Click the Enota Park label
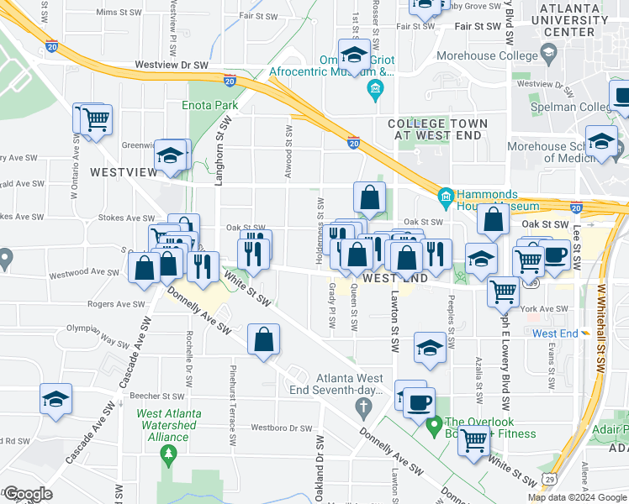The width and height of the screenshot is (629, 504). [210, 106]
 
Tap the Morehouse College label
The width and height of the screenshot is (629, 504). [487, 56]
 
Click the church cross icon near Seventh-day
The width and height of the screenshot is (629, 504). [363, 409]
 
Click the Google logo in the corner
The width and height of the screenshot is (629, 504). [27, 494]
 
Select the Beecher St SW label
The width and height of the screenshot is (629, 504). [162, 396]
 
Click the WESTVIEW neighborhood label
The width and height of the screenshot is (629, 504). [124, 172]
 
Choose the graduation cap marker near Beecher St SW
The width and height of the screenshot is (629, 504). [56, 400]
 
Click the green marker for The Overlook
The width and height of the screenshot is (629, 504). [435, 427]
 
